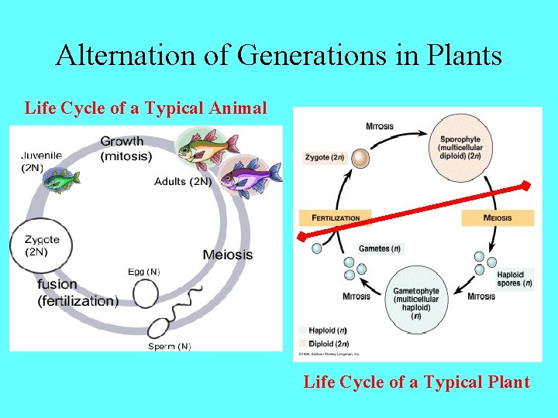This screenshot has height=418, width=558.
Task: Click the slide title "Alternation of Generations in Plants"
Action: (279, 55)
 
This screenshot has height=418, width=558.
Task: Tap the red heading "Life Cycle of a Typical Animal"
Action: (146, 108)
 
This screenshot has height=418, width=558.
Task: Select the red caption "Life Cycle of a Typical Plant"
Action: (416, 382)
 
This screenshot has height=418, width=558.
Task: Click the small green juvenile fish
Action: (60, 180)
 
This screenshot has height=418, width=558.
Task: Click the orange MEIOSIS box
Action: (498, 218)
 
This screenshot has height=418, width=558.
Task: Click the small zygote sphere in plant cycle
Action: (360, 159)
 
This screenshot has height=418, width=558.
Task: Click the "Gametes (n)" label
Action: (379, 248)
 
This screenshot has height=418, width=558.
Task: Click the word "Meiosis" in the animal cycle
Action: (227, 255)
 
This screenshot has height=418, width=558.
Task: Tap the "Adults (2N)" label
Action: (182, 181)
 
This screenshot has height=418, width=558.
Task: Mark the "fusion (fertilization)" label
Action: (77, 293)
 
